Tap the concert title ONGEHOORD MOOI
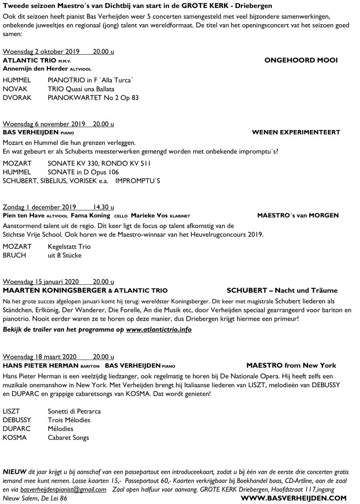pos(301,60)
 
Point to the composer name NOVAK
pos(15,89)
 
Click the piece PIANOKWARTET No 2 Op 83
pos(93,98)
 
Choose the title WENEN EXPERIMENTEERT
pos(295,133)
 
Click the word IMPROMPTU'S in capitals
pos(138,180)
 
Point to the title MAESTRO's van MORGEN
pos(297,215)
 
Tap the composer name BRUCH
pos(15,255)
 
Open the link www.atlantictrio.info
pos(159,329)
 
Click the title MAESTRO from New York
pos(291,365)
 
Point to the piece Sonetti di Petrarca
pos(74,411)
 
